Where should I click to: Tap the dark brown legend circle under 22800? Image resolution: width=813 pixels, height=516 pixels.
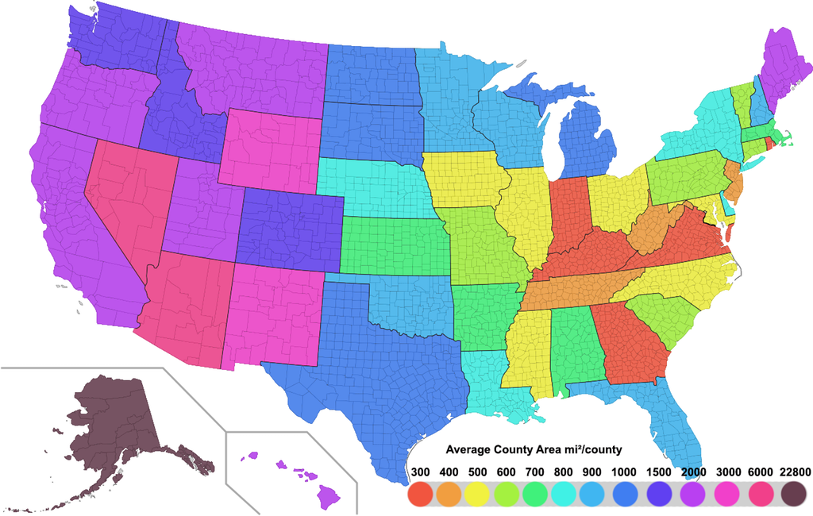[x=794, y=495]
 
